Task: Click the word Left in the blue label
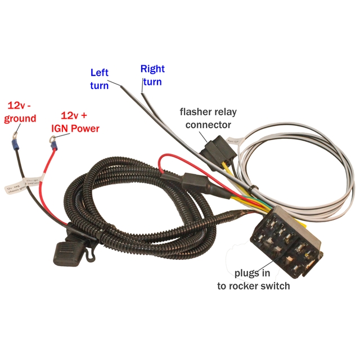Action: click(100, 73)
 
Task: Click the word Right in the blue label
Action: click(152, 69)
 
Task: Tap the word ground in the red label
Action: click(20, 118)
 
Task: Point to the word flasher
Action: click(196, 111)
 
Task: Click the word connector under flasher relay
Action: click(208, 124)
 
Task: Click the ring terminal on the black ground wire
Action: click(13, 136)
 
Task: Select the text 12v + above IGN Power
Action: click(74, 115)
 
